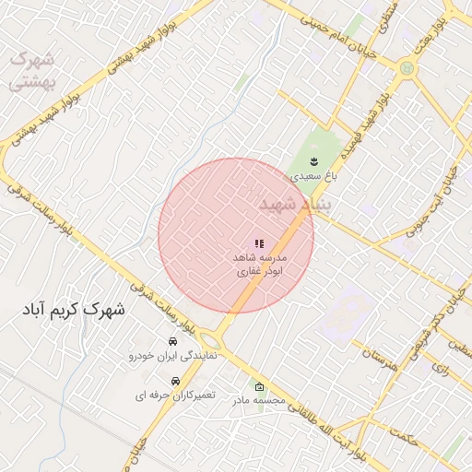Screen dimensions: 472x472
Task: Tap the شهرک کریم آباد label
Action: coord(75,310)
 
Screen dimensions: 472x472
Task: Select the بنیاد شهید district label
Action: coord(294,204)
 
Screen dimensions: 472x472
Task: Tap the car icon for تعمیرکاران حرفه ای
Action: coord(175,381)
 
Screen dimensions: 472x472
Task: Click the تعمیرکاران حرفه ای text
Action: coord(175,395)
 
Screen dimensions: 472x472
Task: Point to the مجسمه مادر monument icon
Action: coord(259,387)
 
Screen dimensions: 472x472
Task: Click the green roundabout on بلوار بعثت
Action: coord(407,67)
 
